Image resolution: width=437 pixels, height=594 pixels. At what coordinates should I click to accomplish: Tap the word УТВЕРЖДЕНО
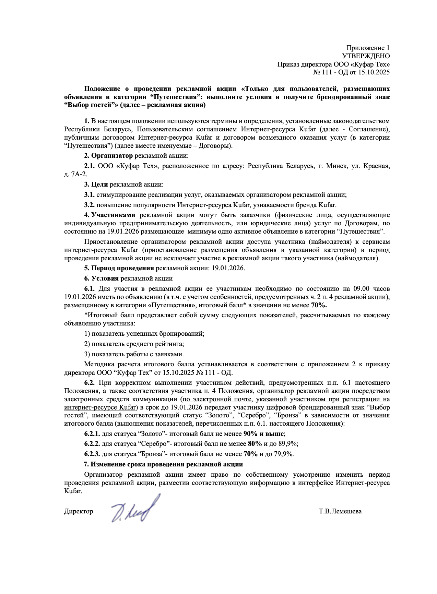coord(366,56)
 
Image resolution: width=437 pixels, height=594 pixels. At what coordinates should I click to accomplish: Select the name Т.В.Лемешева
coord(340,511)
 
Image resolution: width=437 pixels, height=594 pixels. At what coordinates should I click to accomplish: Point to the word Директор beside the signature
coord(78,511)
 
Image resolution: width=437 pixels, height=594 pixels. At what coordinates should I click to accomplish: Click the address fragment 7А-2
coord(79,174)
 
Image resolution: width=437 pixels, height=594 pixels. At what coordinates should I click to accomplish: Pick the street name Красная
coord(378,166)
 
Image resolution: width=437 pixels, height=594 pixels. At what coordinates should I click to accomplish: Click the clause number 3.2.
coord(89,205)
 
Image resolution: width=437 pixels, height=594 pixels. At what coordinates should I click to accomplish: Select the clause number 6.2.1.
coord(92,433)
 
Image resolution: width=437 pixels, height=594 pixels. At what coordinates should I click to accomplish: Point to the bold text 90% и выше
coord(264,433)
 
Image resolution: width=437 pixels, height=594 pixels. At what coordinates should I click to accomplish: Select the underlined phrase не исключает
coord(175,258)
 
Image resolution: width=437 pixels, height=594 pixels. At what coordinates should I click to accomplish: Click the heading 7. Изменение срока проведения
coord(163,464)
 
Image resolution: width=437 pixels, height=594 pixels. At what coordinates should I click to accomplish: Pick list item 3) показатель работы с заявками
coord(134,354)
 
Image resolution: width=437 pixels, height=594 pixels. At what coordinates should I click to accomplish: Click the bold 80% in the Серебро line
coord(255,444)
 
